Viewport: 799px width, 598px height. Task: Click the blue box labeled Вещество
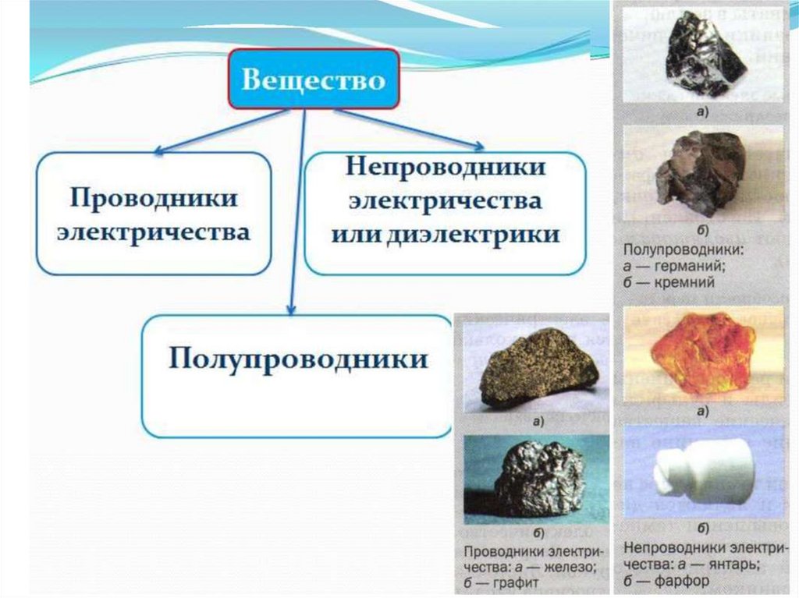pyautogui.click(x=314, y=79)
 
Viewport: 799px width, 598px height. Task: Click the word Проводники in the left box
pyautogui.click(x=154, y=197)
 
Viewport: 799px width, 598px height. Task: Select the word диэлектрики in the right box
pyautogui.click(x=474, y=235)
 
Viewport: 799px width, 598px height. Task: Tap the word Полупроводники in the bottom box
pyautogui.click(x=298, y=359)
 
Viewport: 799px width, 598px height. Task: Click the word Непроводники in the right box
pyautogui.click(x=446, y=166)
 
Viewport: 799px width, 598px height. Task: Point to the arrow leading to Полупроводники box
pyautogui.click(x=297, y=212)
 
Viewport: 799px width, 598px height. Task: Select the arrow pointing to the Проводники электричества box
pyautogui.click(x=222, y=132)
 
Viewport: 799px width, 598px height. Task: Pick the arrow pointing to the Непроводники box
pyautogui.click(x=409, y=130)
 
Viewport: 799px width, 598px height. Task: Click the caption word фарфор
pyautogui.click(x=682, y=581)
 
